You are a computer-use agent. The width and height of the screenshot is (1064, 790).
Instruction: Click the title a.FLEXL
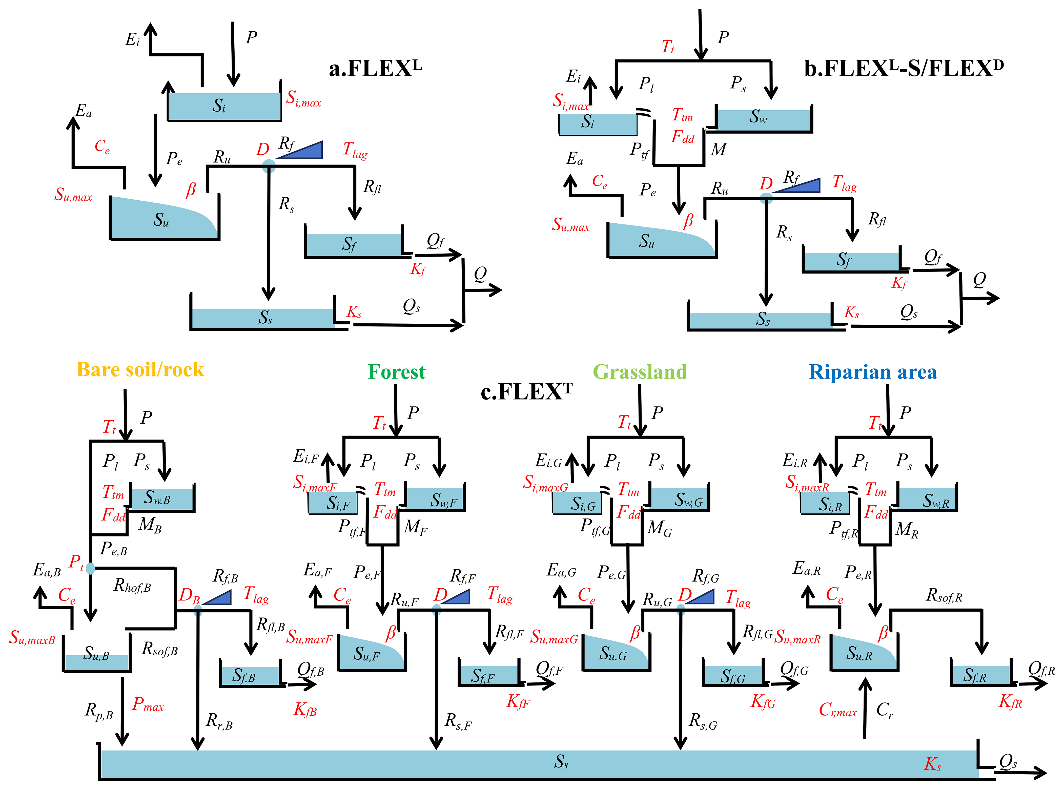375,68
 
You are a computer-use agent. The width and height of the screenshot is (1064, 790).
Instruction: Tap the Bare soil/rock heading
140,370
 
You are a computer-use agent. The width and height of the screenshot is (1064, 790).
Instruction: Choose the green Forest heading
396,372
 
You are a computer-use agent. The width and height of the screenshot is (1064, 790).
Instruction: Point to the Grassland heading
640,372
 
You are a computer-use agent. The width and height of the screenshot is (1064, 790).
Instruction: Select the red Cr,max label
838,710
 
